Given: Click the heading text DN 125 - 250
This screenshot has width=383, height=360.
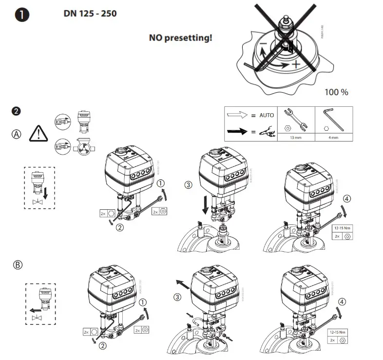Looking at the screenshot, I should [x=90, y=13].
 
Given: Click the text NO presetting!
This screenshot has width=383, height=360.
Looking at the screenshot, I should [x=180, y=37].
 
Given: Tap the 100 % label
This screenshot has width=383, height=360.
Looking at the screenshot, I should [x=336, y=92].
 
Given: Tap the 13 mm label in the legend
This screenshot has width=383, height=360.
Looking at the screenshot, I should [x=296, y=138].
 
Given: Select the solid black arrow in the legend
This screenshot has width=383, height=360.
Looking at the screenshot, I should [x=238, y=130].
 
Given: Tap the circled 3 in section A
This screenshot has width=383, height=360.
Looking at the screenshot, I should [x=189, y=185].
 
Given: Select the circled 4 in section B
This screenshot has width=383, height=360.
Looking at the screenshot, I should [x=342, y=301].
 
